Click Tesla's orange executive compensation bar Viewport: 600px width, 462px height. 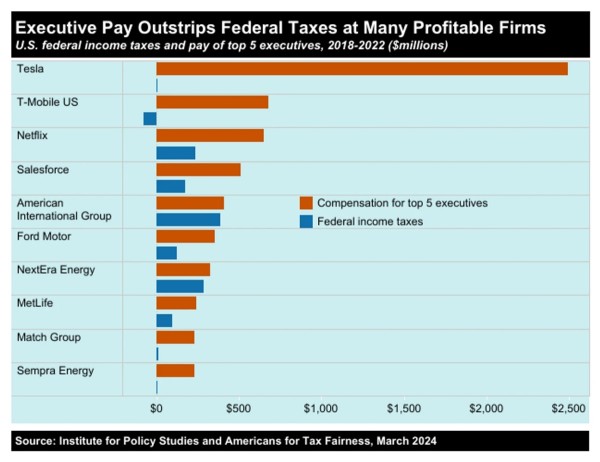tap(362, 69)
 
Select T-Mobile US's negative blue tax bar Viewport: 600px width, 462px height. tap(150, 119)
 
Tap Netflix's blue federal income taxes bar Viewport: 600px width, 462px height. tap(176, 153)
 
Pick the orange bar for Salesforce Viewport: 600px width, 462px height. tap(198, 170)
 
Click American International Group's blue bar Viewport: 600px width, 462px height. tap(188, 220)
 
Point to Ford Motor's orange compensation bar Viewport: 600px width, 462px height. tap(185, 237)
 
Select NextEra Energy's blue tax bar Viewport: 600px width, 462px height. tap(180, 286)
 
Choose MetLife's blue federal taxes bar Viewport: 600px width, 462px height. tap(164, 321)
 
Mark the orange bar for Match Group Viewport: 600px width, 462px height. tap(175, 337)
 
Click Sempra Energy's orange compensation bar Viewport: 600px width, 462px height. tap(175, 371)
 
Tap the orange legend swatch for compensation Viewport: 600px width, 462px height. tap(306, 203)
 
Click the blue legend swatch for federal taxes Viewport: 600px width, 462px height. tap(306, 222)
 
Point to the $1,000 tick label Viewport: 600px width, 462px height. tap(321, 409)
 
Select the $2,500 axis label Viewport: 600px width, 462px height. tap(568, 409)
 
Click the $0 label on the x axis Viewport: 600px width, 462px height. tap(156, 409)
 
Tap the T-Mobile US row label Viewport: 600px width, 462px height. tap(47, 102)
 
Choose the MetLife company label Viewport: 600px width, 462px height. tap(35, 303)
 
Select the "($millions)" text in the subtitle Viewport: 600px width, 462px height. tap(418, 46)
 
